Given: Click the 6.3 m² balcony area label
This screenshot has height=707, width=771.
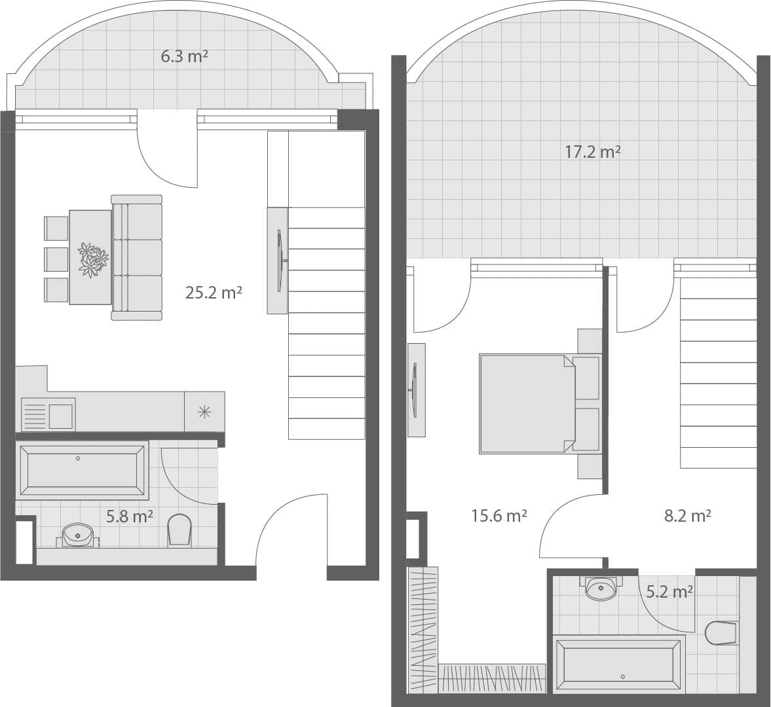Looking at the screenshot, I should (184, 57).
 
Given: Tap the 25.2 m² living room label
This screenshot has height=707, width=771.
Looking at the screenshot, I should (214, 293).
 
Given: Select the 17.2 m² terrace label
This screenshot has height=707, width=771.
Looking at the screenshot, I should (592, 153).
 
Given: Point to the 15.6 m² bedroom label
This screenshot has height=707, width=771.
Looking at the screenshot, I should (499, 516).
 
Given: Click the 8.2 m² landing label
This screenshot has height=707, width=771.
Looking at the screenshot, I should (687, 516).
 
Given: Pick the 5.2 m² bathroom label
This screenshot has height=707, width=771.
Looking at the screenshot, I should (669, 592).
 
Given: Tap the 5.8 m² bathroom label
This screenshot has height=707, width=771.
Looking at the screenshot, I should (130, 517).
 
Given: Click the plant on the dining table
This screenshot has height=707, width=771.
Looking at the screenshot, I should (92, 259).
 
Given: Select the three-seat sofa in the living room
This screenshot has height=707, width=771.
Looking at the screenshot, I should (137, 257).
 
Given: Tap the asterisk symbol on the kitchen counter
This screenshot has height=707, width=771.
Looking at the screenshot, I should (204, 412).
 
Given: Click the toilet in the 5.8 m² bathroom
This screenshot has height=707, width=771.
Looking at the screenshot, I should (179, 529).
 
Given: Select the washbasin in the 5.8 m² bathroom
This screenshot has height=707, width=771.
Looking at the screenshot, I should (78, 534).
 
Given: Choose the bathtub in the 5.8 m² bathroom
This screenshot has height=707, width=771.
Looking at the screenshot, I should (82, 469).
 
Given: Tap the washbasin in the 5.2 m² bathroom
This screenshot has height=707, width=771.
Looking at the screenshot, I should (601, 588).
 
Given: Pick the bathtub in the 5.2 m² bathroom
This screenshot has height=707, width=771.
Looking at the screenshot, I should (619, 663).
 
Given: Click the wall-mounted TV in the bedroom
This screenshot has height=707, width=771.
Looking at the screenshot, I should (415, 390).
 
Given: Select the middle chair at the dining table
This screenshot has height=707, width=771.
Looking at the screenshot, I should (56, 259).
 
